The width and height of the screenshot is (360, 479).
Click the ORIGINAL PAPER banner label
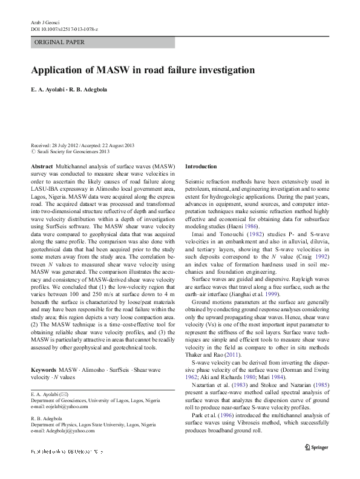pyautogui.click(x=60, y=42)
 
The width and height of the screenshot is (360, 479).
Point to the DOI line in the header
pyautogui.click(x=64, y=29)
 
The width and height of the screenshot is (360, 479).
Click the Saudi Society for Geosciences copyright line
pyautogui.click(x=70, y=152)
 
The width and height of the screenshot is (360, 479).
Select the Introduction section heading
pyautogui.click(x=200, y=166)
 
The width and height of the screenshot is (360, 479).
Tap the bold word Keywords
pyautogui.click(x=44, y=369)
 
